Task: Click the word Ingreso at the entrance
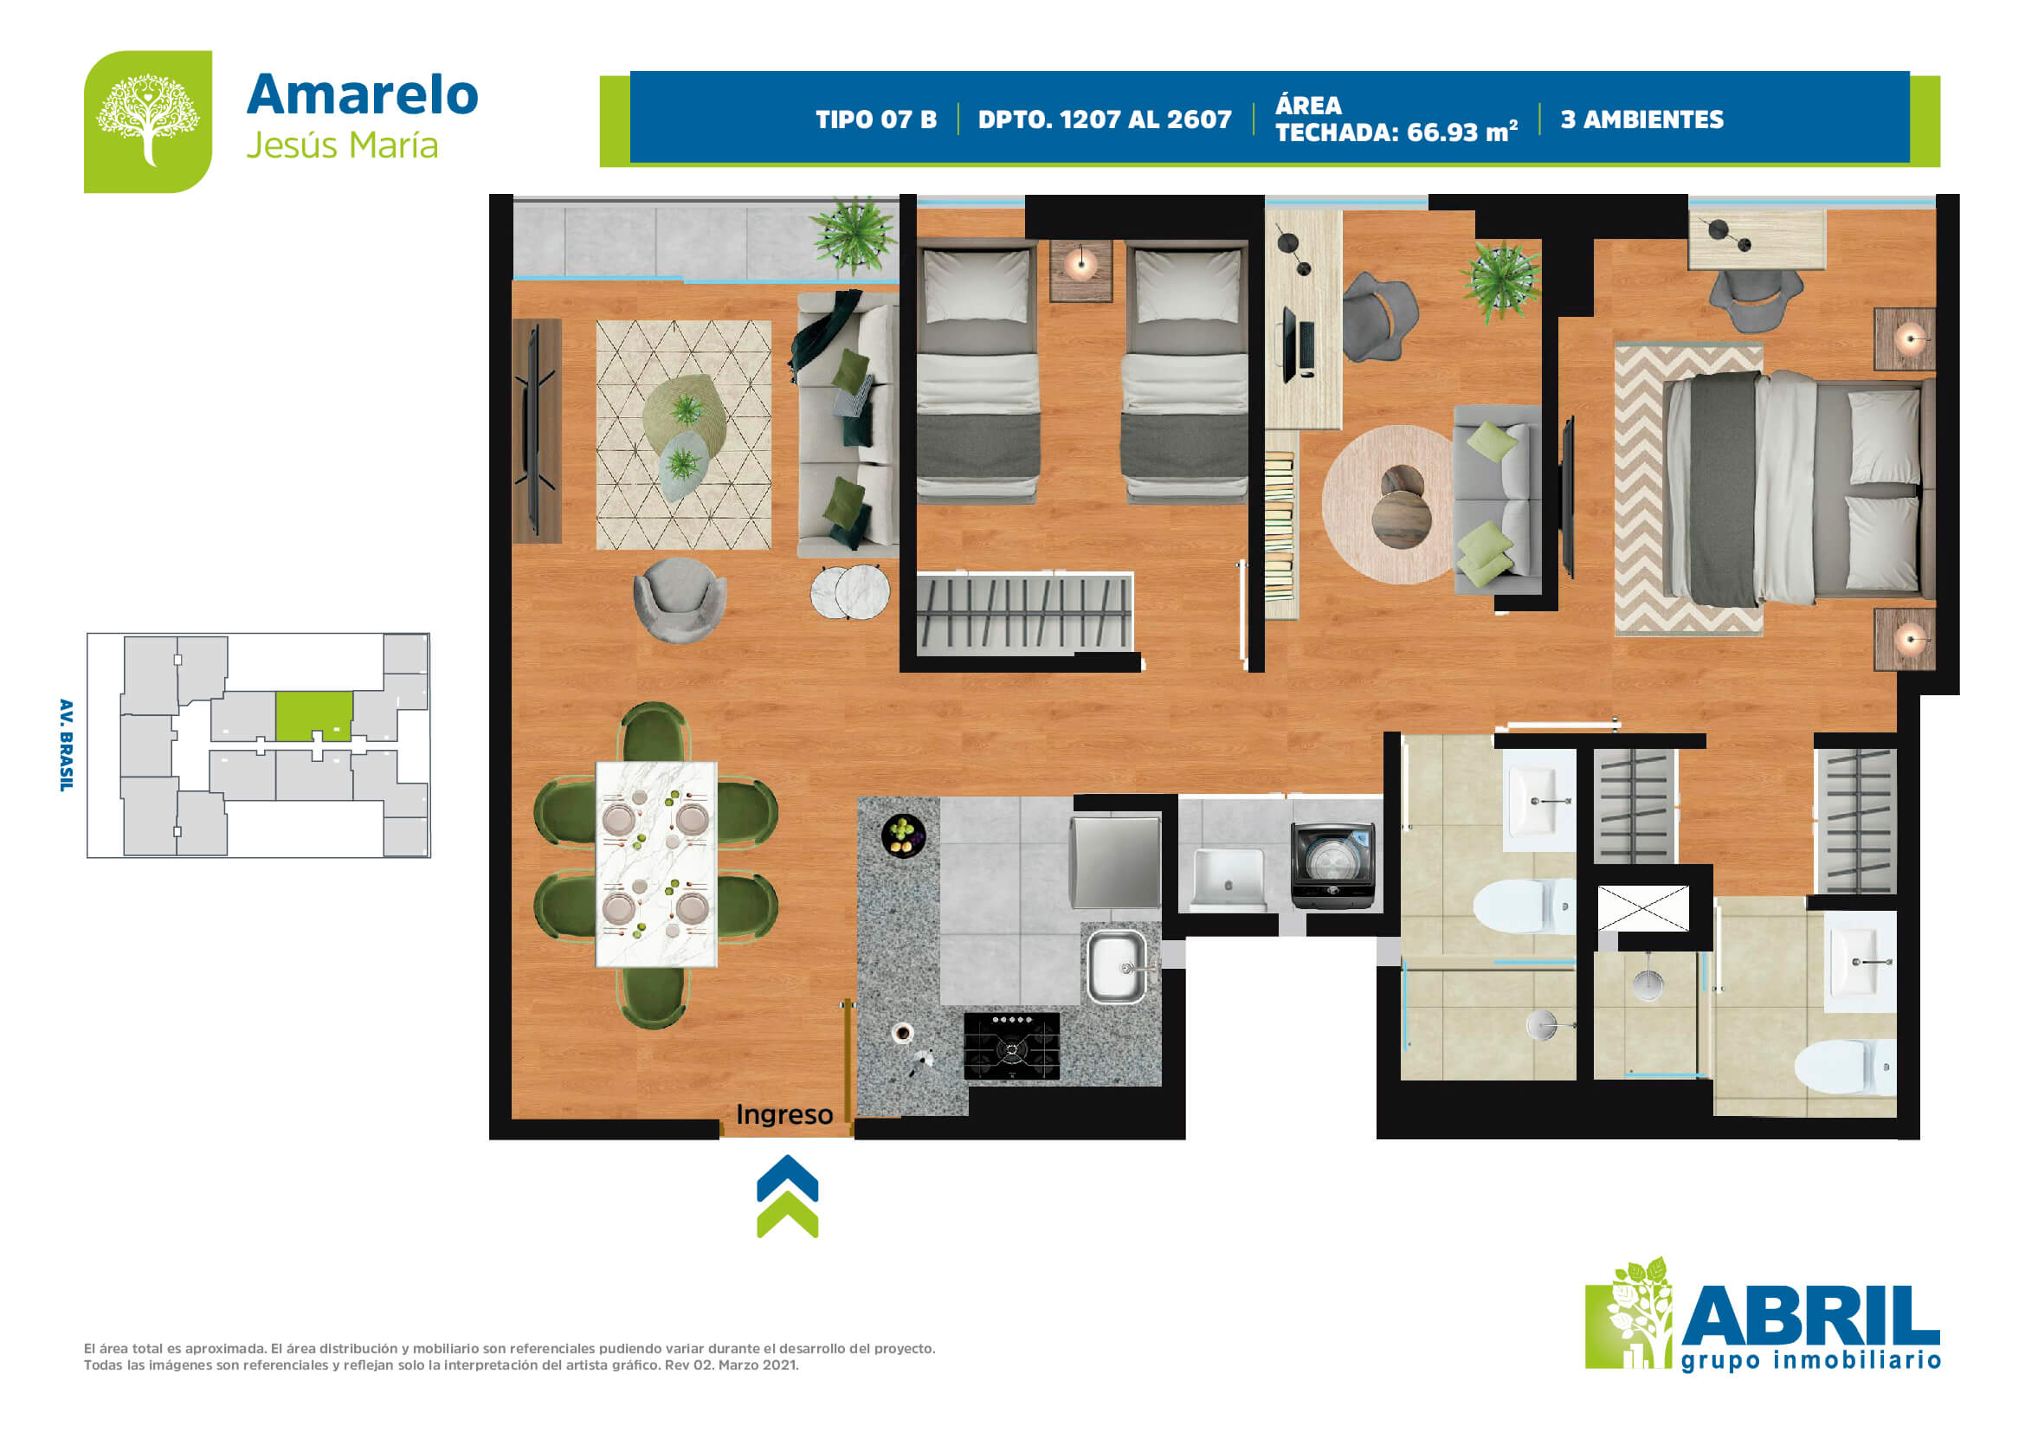pos(784,1114)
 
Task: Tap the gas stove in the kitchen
pos(1011,1046)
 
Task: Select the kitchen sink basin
pos(1117,966)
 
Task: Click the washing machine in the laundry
pos(1332,865)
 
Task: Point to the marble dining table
pos(656,864)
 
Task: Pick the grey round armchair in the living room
pos(679,599)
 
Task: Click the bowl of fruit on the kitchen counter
pos(903,834)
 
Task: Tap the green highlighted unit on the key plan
pos(313,716)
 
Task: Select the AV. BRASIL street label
pos(66,745)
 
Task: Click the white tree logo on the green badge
pos(147,120)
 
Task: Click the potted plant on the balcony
pos(854,234)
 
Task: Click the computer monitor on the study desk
pos(1290,344)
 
